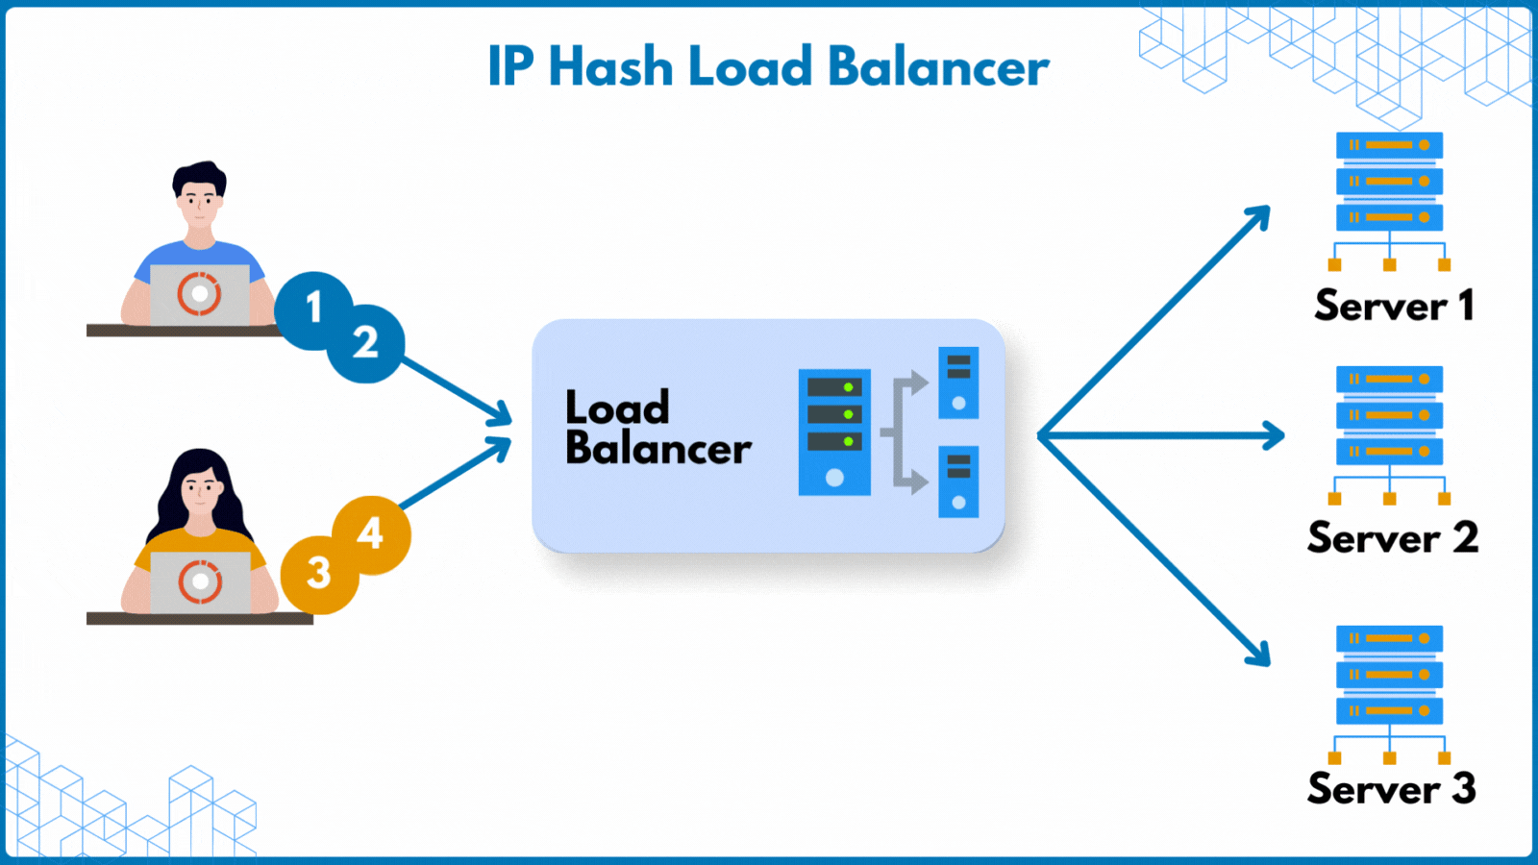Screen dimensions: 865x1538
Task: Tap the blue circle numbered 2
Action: (x=366, y=343)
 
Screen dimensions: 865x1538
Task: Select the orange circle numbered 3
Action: (x=318, y=574)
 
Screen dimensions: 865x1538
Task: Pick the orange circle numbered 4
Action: (x=372, y=533)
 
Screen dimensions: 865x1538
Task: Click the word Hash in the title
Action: (x=610, y=67)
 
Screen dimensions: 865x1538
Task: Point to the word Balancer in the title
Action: (x=937, y=67)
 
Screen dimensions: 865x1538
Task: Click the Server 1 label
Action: (x=1393, y=306)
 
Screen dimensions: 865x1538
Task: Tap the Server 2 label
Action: (x=1392, y=537)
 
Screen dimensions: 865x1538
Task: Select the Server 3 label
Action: (x=1391, y=788)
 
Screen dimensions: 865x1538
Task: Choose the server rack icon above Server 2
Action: (x=1389, y=433)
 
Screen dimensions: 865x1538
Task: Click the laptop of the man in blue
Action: (x=200, y=294)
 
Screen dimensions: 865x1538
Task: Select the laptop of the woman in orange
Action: (x=200, y=581)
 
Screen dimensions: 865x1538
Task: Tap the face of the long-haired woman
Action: (x=200, y=493)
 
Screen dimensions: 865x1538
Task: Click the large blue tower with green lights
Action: (x=834, y=432)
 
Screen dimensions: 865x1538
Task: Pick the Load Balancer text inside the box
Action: (x=657, y=428)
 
